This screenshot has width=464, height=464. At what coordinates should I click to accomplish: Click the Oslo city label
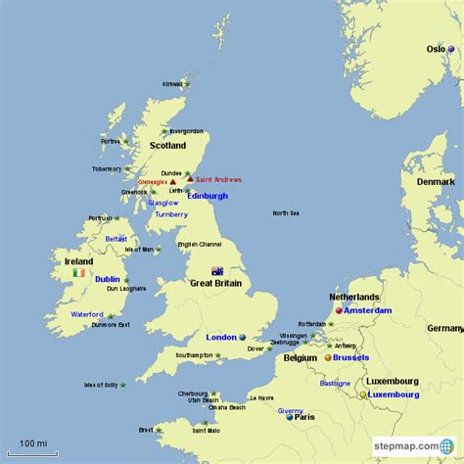pyautogui.click(x=435, y=48)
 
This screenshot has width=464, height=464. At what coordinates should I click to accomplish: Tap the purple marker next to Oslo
pyautogui.click(x=451, y=48)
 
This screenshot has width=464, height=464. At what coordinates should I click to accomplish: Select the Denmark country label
pyautogui.click(x=436, y=182)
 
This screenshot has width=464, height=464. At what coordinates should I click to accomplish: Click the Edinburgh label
pyautogui.click(x=208, y=196)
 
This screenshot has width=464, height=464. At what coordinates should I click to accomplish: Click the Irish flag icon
pyautogui.click(x=78, y=276)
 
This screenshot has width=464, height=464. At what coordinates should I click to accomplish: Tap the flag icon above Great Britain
pyautogui.click(x=216, y=271)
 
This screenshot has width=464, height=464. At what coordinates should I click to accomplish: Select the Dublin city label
pyautogui.click(x=108, y=279)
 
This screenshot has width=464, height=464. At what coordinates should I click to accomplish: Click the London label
pyautogui.click(x=221, y=336)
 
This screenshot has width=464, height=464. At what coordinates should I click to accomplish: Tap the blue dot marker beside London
pyautogui.click(x=242, y=337)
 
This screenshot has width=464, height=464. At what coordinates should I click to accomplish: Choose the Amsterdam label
pyautogui.click(x=368, y=310)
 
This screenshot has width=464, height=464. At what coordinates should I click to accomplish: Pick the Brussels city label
pyautogui.click(x=351, y=357)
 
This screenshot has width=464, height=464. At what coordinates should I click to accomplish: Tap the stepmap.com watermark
pyautogui.click(x=404, y=449)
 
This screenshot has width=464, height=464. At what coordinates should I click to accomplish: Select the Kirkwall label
pyautogui.click(x=172, y=84)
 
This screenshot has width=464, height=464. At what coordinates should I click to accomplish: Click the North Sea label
pyautogui.click(x=286, y=213)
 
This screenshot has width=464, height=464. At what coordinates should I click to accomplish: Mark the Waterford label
pyautogui.click(x=86, y=314)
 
